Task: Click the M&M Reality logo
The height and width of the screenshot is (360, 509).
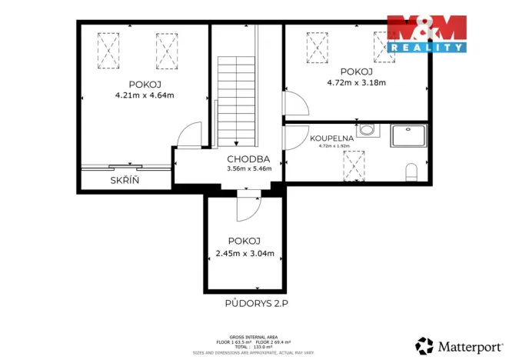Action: coord(427,33)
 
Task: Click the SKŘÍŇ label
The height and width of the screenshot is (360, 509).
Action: coord(124,180)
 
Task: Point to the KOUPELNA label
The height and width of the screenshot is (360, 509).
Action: coord(331,139)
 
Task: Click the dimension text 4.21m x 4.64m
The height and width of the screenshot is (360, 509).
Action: coord(144,96)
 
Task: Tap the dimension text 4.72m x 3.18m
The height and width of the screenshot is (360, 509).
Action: coord(355,82)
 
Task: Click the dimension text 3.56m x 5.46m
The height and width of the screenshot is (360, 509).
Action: coord(248,169)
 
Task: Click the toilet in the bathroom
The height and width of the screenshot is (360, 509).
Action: coord(412,170)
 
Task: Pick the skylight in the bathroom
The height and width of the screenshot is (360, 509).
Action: coord(354,164)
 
